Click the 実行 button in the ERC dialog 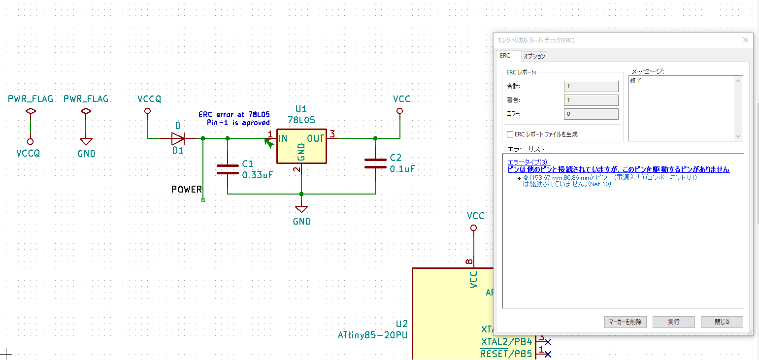pyautogui.click(x=673, y=322)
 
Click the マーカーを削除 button pyautogui.click(x=625, y=322)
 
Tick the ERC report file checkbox pyautogui.click(x=510, y=134)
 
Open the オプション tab pyautogui.click(x=534, y=56)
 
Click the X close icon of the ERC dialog pyautogui.click(x=745, y=40)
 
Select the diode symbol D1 pyautogui.click(x=178, y=138)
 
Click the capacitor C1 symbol pyautogui.click(x=228, y=169)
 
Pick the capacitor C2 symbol pyautogui.click(x=375, y=163)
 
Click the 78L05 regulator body pyautogui.click(x=301, y=146)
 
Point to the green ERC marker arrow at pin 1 pyautogui.click(x=269, y=144)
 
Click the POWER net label pyautogui.click(x=186, y=189)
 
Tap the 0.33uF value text pyautogui.click(x=257, y=175)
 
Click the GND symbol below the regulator pyautogui.click(x=301, y=209)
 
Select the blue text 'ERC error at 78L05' pyautogui.click(x=234, y=114)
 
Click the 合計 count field pyautogui.click(x=591, y=86)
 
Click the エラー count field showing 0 pyautogui.click(x=591, y=114)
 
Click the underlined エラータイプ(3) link pyautogui.click(x=528, y=162)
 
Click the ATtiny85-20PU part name pyautogui.click(x=372, y=335)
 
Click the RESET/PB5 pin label pyautogui.click(x=506, y=354)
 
